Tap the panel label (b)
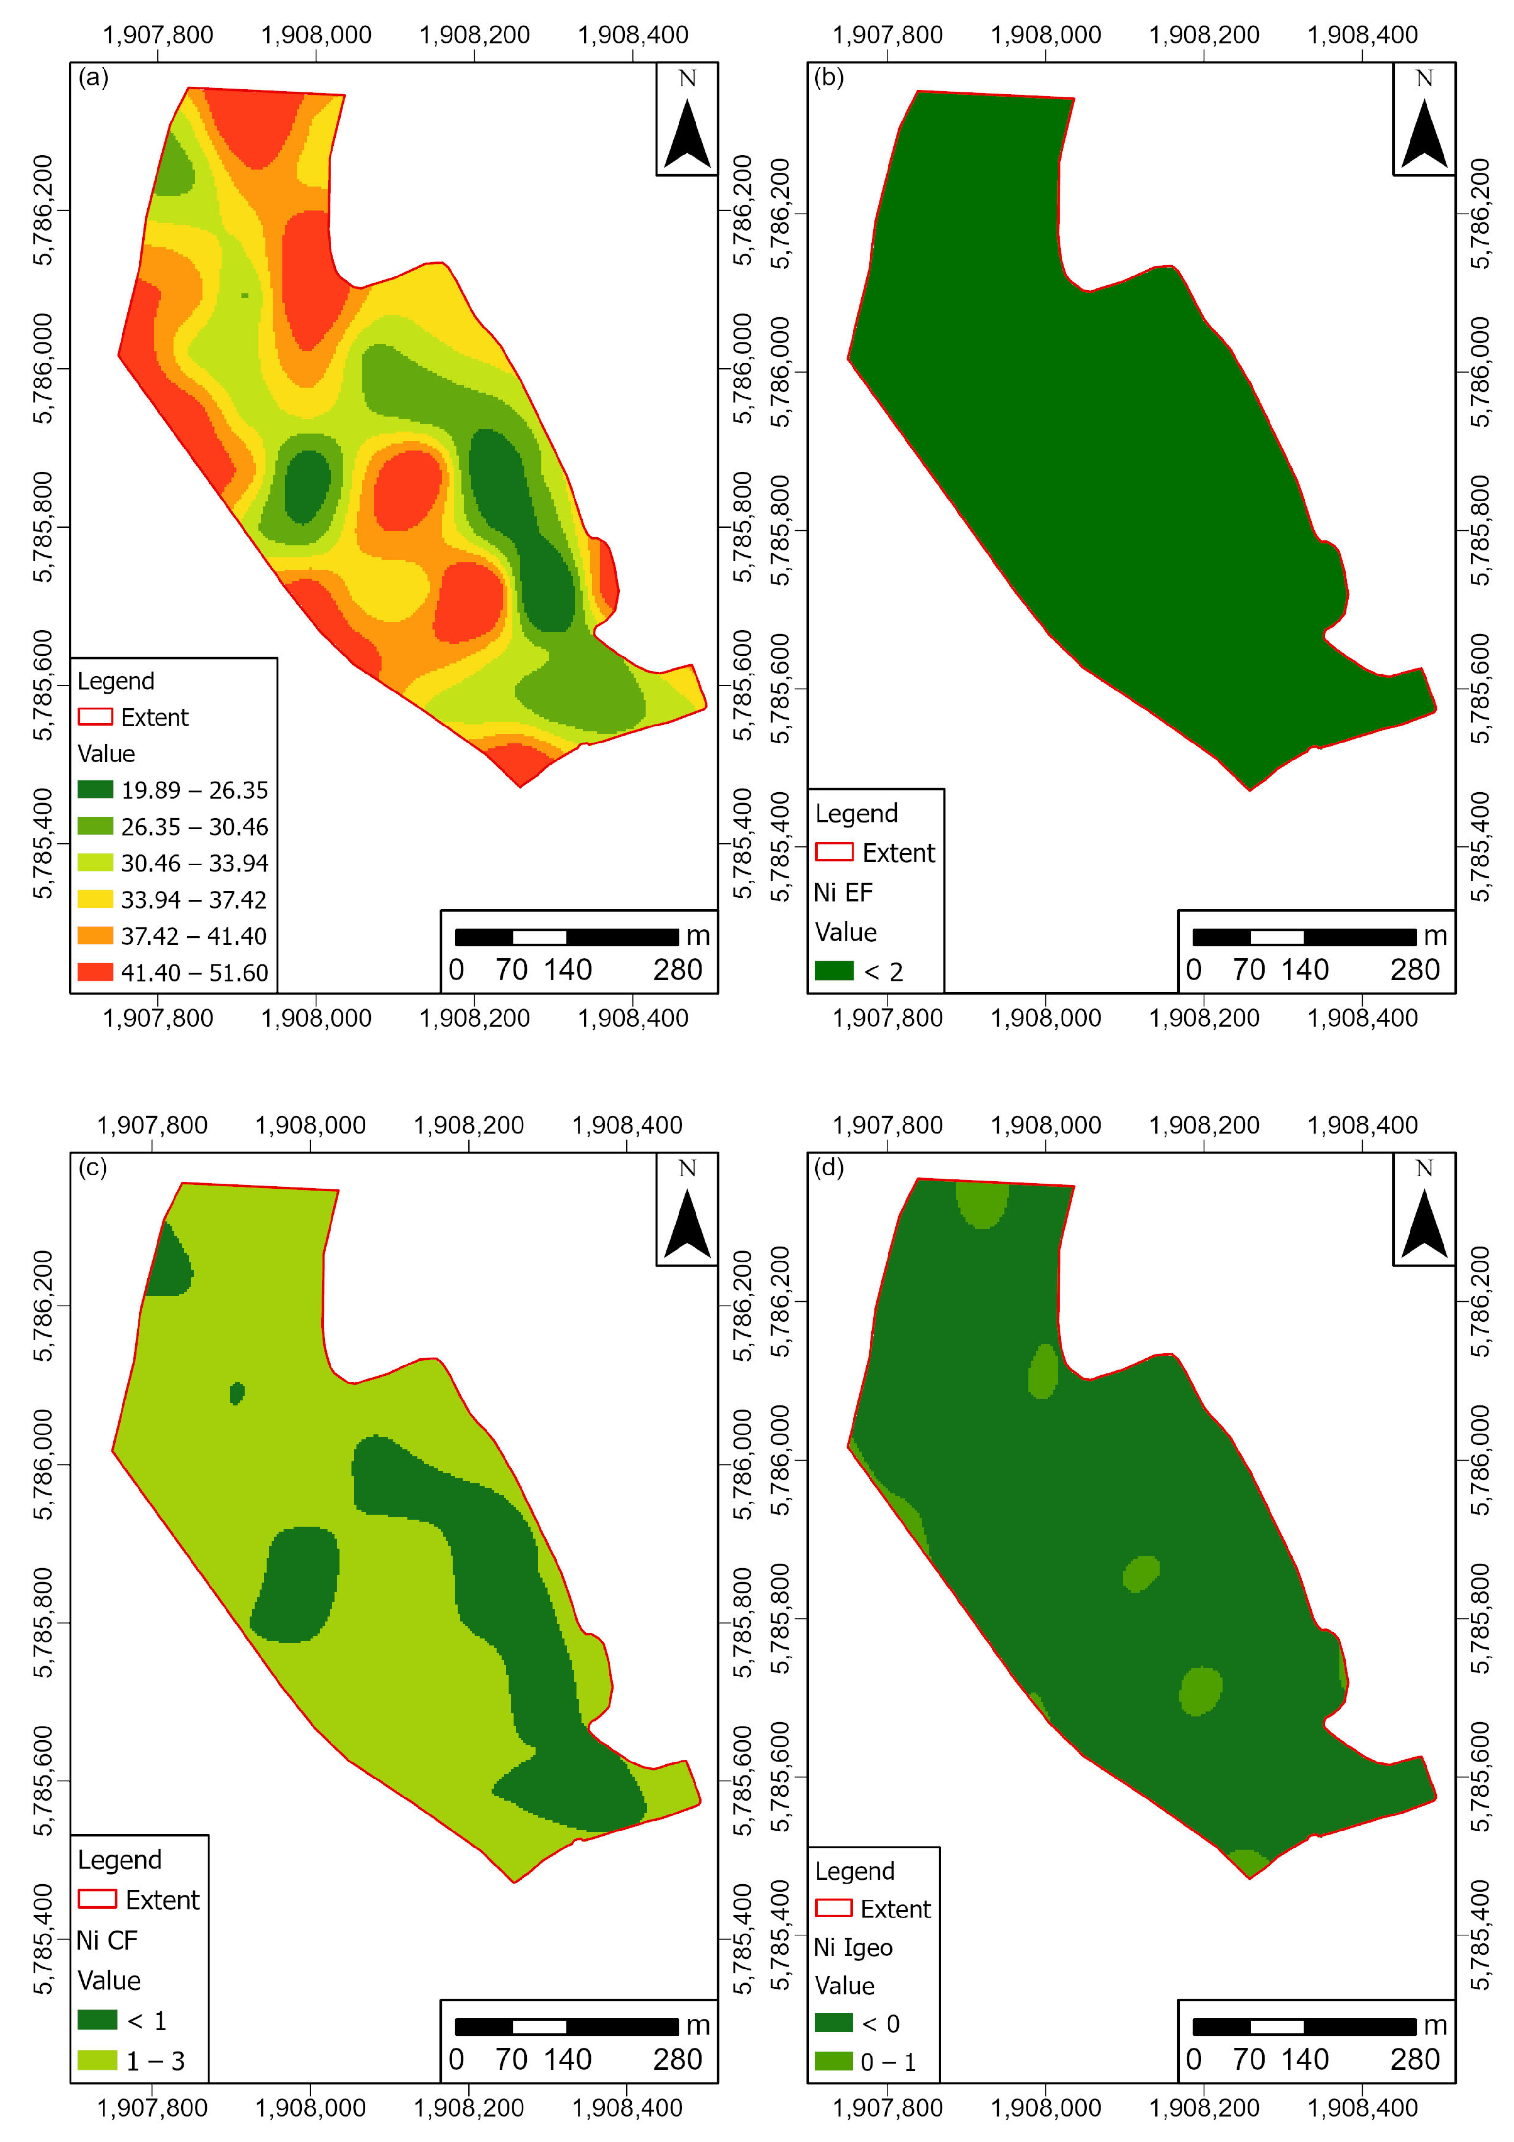pyautogui.click(x=828, y=77)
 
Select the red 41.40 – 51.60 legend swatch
pyautogui.click(x=95, y=972)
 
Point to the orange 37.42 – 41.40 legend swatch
pyautogui.click(x=95, y=936)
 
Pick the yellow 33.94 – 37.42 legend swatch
pyautogui.click(x=95, y=899)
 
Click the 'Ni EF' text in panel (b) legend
pyautogui.click(x=843, y=893)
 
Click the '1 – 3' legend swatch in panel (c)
pyautogui.click(x=97, y=2060)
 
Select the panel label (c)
pyautogui.click(x=92, y=1167)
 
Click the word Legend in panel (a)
pyautogui.click(x=116, y=681)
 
